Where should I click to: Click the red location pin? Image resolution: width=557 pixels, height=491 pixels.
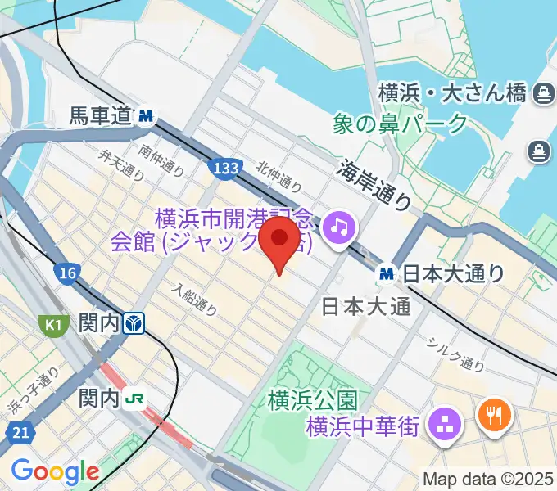(x=278, y=239)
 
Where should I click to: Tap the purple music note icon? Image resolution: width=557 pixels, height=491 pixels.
(x=337, y=227)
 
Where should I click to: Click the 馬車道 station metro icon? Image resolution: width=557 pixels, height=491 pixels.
(x=147, y=117)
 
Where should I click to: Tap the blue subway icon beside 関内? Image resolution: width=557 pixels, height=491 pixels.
(x=134, y=326)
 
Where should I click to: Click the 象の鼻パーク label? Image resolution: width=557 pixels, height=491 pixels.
(x=401, y=124)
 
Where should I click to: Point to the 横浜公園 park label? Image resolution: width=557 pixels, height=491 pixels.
(x=313, y=401)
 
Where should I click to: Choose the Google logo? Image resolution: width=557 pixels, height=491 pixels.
(x=55, y=471)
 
